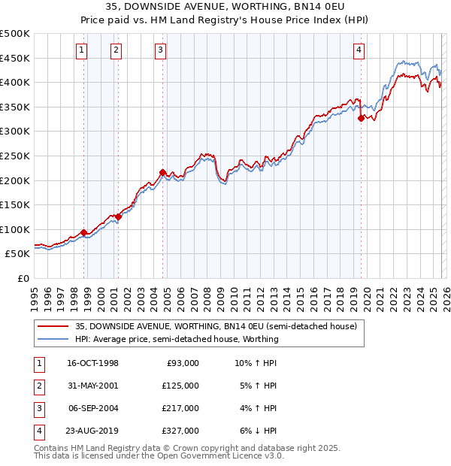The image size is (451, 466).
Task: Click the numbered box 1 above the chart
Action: point(81,50)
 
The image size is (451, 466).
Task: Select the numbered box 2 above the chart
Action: point(117,50)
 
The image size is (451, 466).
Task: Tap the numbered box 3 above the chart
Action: point(161,50)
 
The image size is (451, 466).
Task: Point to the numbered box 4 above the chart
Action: point(359,50)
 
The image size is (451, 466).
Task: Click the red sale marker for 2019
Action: point(362,118)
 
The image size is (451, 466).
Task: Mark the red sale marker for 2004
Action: point(163,172)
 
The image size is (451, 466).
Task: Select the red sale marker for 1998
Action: point(84,233)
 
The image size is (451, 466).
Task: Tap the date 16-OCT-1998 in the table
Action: point(92,363)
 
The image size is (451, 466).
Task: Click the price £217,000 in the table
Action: point(180,408)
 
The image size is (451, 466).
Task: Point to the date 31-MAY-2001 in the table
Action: point(92,386)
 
